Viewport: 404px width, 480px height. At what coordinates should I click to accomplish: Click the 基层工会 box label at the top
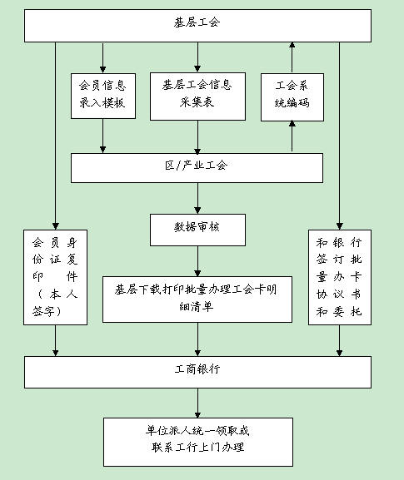click(x=197, y=22)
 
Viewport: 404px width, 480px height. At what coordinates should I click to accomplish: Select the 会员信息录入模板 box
click(x=103, y=96)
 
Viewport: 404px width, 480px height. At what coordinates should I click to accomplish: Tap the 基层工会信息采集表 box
click(x=197, y=96)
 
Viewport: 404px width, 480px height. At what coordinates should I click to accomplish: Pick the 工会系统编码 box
click(x=292, y=97)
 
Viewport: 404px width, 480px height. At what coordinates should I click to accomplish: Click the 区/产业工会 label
click(x=197, y=166)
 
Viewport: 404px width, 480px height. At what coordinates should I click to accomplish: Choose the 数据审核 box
click(x=197, y=230)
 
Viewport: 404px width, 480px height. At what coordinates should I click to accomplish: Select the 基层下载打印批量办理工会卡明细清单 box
click(x=197, y=299)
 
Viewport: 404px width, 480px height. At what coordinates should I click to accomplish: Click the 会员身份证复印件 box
click(x=56, y=277)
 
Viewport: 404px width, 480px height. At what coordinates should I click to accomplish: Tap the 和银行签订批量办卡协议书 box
click(x=340, y=277)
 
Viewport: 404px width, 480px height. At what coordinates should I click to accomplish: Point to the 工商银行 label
click(x=197, y=369)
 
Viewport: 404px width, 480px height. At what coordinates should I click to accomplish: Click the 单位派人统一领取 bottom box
click(x=198, y=442)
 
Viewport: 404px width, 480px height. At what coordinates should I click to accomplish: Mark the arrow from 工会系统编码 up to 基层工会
click(x=292, y=57)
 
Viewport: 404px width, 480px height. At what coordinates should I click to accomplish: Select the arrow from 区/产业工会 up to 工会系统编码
click(x=292, y=136)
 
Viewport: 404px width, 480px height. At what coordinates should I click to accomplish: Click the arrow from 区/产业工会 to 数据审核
click(x=197, y=198)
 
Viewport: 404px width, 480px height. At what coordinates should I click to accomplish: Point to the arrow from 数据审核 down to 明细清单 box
click(x=197, y=261)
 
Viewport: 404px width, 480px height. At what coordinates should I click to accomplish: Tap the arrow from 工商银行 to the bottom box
click(x=197, y=403)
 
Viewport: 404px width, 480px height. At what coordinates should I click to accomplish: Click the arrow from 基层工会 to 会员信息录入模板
click(x=103, y=57)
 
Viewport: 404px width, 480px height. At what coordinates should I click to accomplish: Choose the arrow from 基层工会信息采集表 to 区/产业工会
click(x=197, y=137)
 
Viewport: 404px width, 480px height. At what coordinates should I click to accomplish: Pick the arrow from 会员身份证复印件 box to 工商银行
click(x=56, y=340)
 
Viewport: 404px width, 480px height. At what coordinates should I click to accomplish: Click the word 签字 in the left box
click(x=43, y=311)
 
